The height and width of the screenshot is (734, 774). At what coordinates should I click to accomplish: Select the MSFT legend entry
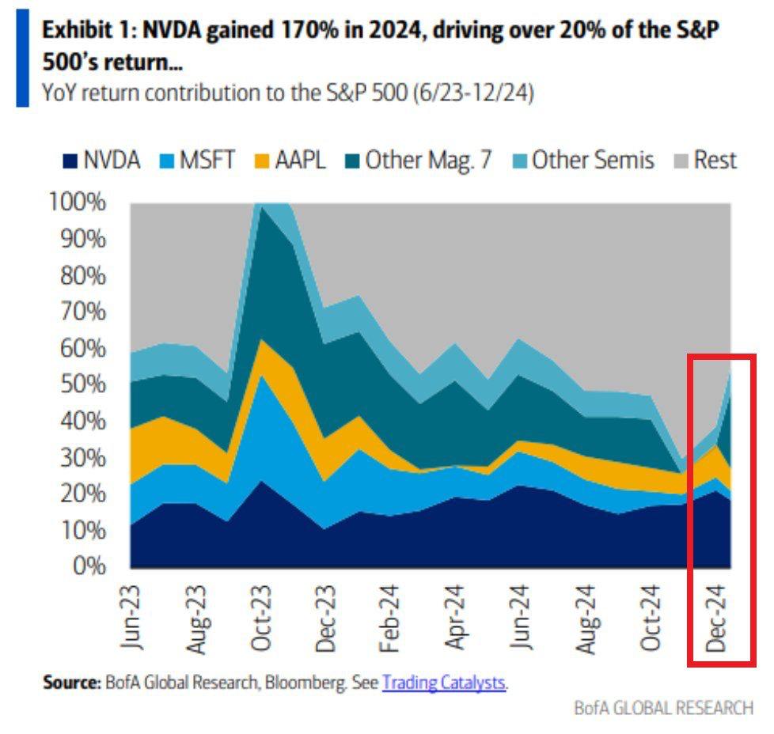click(199, 161)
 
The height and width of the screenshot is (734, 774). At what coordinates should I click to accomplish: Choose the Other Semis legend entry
click(582, 161)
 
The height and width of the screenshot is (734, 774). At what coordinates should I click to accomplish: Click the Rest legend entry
click(704, 161)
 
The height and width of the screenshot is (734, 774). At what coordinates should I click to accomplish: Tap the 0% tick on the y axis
click(89, 566)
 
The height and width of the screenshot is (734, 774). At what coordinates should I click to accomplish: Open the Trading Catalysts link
click(444, 683)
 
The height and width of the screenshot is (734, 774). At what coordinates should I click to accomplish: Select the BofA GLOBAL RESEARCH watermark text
click(664, 708)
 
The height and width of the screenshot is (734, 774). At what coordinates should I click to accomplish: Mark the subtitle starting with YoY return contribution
click(287, 93)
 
